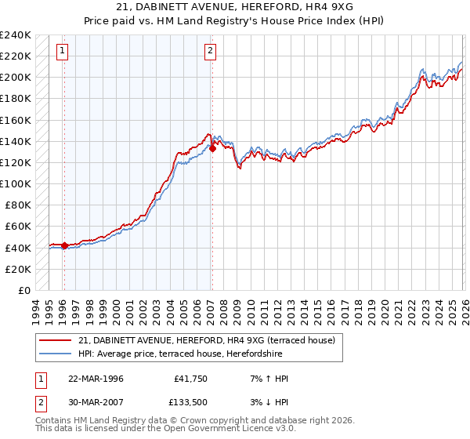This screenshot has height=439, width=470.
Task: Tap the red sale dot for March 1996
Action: [64, 245]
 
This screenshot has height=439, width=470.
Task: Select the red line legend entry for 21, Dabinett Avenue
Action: [207, 340]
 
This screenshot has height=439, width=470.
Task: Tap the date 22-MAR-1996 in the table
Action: [96, 379]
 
